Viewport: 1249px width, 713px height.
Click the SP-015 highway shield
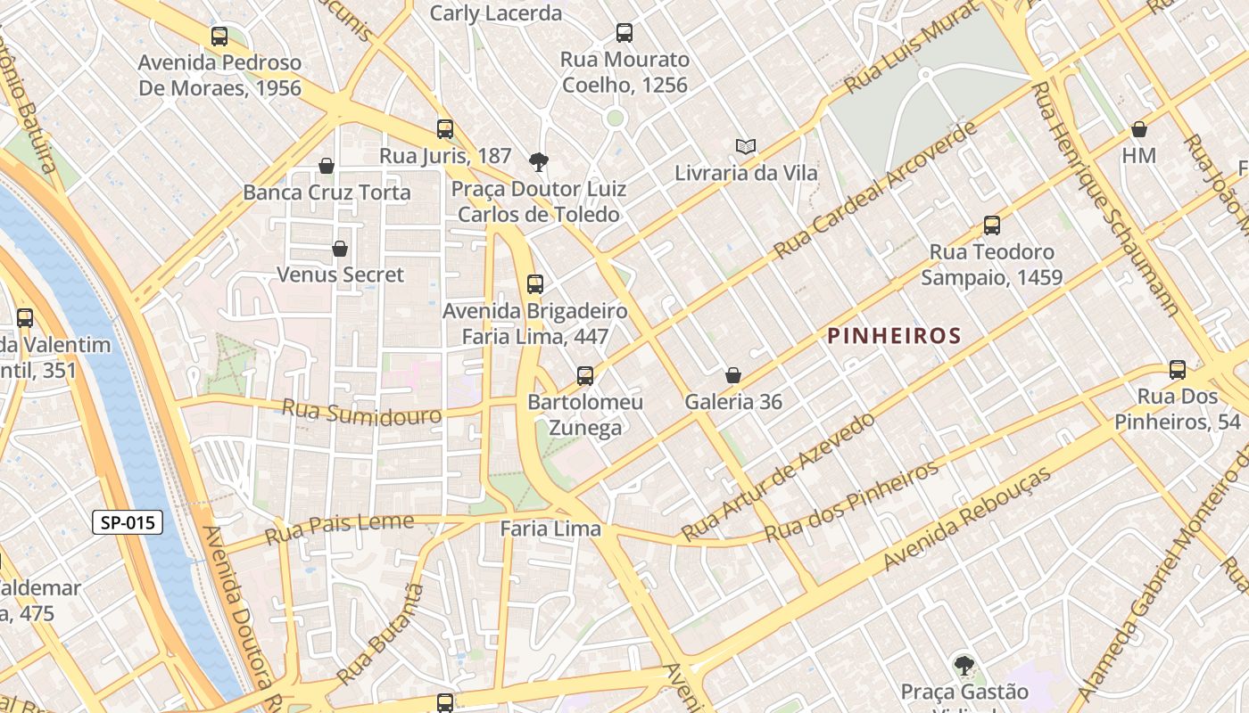128,522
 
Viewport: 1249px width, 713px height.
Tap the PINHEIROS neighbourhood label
894,336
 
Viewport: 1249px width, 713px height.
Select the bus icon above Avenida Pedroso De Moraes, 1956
219,37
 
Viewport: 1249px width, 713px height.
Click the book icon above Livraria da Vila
746,146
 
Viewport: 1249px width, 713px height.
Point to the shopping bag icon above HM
1139,129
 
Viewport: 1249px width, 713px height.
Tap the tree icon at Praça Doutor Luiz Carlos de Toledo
538,161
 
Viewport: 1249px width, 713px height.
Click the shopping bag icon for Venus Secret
340,248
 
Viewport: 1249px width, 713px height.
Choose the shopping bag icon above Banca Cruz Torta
327,166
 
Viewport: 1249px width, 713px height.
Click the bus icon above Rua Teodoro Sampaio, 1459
991,225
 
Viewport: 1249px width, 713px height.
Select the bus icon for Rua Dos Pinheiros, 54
1178,370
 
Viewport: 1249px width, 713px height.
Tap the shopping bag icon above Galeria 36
733,375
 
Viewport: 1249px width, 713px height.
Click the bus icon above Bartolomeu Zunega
585,376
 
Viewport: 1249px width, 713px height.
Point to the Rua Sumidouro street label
361,412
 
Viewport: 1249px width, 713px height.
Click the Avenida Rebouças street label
967,519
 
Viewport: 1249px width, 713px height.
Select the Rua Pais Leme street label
340,528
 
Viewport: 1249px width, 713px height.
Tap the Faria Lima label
550,529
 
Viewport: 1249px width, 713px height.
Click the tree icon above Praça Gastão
964,665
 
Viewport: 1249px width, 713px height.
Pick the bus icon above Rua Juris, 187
445,129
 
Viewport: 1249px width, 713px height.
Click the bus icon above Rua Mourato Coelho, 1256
624,33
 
